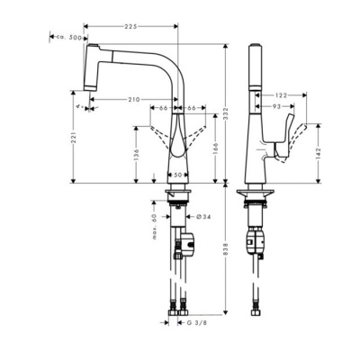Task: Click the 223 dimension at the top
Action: (132, 28)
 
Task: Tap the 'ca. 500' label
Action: (69, 39)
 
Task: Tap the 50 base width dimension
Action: (178, 174)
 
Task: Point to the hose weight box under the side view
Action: (256, 240)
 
